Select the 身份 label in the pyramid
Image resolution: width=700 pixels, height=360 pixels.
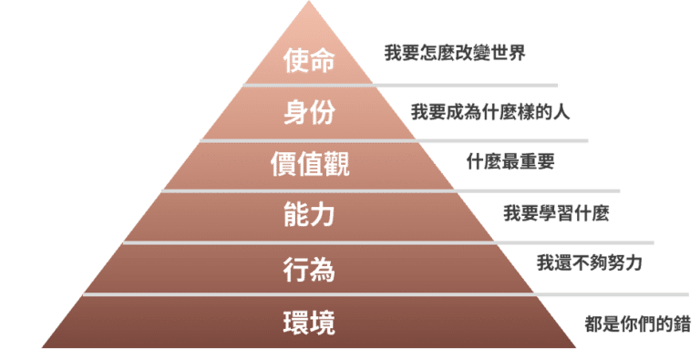309,113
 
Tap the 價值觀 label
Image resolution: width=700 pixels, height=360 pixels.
310,165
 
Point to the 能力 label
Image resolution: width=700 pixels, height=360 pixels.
309,217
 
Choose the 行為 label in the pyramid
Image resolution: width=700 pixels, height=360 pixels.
309,270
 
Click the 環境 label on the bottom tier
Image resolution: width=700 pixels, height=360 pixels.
309,322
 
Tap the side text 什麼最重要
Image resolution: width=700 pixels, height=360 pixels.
510,162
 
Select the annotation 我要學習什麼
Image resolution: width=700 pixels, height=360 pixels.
556,214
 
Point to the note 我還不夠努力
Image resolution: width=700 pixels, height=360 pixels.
590,262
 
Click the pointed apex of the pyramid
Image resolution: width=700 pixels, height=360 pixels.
308,4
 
